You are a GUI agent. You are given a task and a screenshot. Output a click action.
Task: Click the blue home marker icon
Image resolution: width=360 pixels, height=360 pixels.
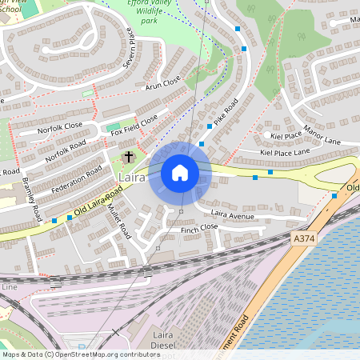(180, 173)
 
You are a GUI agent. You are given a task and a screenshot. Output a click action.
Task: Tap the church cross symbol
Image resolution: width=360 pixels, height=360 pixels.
(128, 158)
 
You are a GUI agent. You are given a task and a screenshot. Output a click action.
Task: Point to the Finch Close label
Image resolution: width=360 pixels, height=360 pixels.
(199, 228)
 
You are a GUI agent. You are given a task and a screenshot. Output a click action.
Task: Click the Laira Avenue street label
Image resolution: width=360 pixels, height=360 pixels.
(233, 214)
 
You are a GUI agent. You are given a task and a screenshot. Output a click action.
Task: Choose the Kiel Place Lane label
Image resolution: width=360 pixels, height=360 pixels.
(286, 151)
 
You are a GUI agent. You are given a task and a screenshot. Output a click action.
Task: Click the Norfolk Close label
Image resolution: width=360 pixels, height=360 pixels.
(60, 126)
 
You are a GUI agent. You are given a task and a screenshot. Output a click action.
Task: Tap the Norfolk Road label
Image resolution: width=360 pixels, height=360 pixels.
(66, 151)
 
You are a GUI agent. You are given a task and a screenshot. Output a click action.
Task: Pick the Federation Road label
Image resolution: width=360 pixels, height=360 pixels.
(77, 180)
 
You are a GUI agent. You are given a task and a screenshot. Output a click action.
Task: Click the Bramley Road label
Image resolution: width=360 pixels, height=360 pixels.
(32, 199)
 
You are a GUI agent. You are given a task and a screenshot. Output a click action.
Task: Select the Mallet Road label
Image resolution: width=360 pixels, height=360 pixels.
(120, 220)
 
